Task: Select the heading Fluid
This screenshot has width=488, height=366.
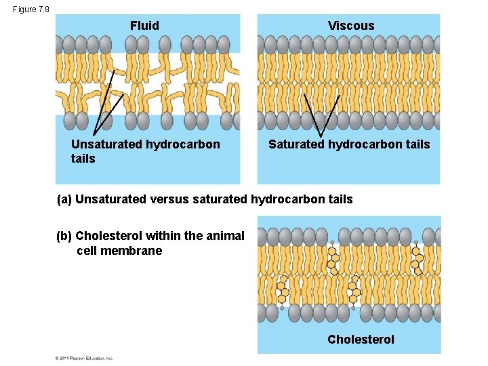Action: coord(144,26)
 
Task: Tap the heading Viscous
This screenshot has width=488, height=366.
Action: coord(351,26)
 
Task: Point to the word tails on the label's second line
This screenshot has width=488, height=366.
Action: coord(83,159)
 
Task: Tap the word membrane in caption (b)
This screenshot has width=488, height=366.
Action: coord(138,251)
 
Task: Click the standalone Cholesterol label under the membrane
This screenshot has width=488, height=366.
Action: coord(361,339)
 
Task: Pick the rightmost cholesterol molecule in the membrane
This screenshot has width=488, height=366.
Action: coord(418,258)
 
